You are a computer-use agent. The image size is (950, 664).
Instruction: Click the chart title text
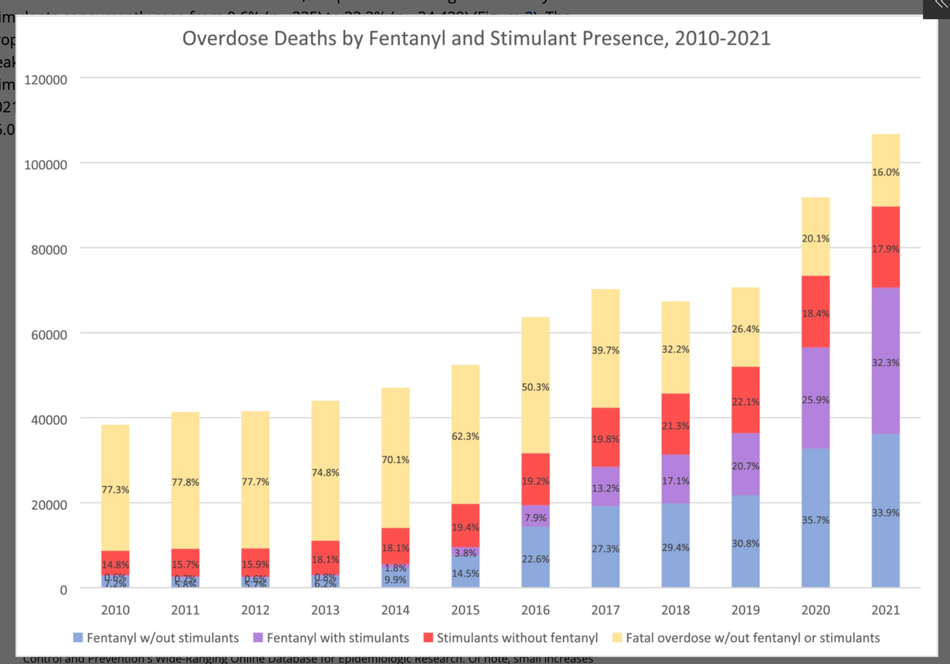[x=476, y=38]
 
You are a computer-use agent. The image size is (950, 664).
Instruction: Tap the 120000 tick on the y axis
[x=46, y=80]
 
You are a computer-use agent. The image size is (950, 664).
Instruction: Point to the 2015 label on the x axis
[x=465, y=610]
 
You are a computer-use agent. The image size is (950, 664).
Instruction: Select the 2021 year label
[x=885, y=610]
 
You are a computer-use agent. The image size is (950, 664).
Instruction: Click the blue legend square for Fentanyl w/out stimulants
[x=78, y=638]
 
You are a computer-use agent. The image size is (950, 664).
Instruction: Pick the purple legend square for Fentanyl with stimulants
[x=258, y=638]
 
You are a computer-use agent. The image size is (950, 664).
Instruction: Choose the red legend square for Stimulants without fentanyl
[x=428, y=638]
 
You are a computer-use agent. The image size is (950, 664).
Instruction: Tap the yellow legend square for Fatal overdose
[x=617, y=638]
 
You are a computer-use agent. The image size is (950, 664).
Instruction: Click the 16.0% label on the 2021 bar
[x=885, y=172]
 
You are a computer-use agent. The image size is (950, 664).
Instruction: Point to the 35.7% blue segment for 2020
[x=816, y=519]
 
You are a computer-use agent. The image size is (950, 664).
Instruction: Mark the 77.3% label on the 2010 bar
[x=115, y=490]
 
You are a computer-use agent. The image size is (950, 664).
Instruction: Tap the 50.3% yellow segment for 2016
[x=535, y=386]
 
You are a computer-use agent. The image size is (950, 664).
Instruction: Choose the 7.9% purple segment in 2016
[x=535, y=517]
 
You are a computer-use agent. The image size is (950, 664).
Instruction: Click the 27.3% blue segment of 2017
[x=605, y=548]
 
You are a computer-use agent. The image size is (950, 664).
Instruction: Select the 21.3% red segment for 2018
[x=675, y=425]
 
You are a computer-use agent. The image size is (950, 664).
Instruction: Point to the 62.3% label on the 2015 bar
[x=465, y=436]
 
